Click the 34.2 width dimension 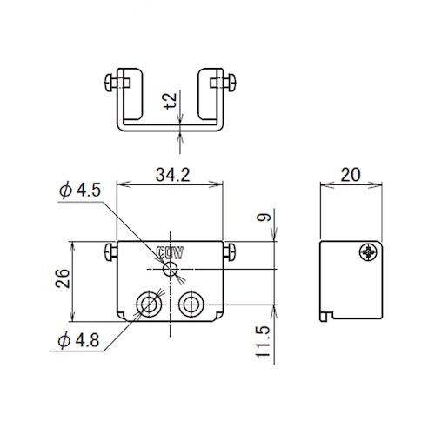click(173, 175)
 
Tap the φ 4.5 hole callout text click(80, 191)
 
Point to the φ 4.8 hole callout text click(78, 340)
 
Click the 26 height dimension click(63, 278)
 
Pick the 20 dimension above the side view click(351, 175)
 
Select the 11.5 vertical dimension click(264, 342)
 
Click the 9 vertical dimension click(264, 217)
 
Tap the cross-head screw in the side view click(369, 252)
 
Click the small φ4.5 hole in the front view click(171, 270)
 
